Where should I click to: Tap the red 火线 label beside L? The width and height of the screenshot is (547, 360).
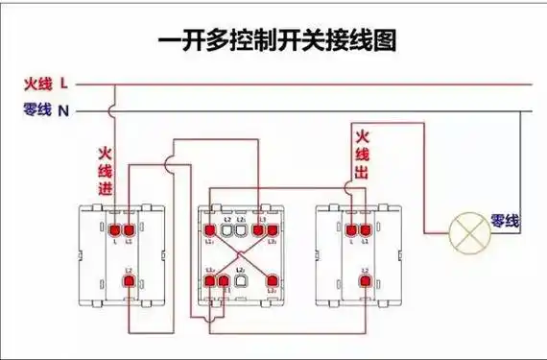(38, 84)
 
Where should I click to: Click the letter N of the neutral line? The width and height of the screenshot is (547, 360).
(63, 110)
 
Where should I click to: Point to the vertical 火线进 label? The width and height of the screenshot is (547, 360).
(105, 172)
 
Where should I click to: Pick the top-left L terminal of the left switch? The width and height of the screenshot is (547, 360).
(115, 230)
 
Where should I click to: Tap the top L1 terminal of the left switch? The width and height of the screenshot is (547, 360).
(129, 230)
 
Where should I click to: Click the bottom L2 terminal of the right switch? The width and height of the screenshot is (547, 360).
(364, 282)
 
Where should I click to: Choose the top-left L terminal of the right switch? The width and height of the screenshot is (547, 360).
(351, 230)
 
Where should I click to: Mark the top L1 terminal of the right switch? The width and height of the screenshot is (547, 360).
(365, 230)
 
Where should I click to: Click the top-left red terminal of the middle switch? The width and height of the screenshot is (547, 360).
(210, 230)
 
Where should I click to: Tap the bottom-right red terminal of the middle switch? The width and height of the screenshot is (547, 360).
(272, 281)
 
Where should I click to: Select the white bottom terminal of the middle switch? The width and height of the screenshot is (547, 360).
(241, 281)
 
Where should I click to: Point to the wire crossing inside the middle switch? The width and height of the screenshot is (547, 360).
(241, 255)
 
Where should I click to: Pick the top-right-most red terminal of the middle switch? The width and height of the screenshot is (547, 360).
(272, 230)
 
